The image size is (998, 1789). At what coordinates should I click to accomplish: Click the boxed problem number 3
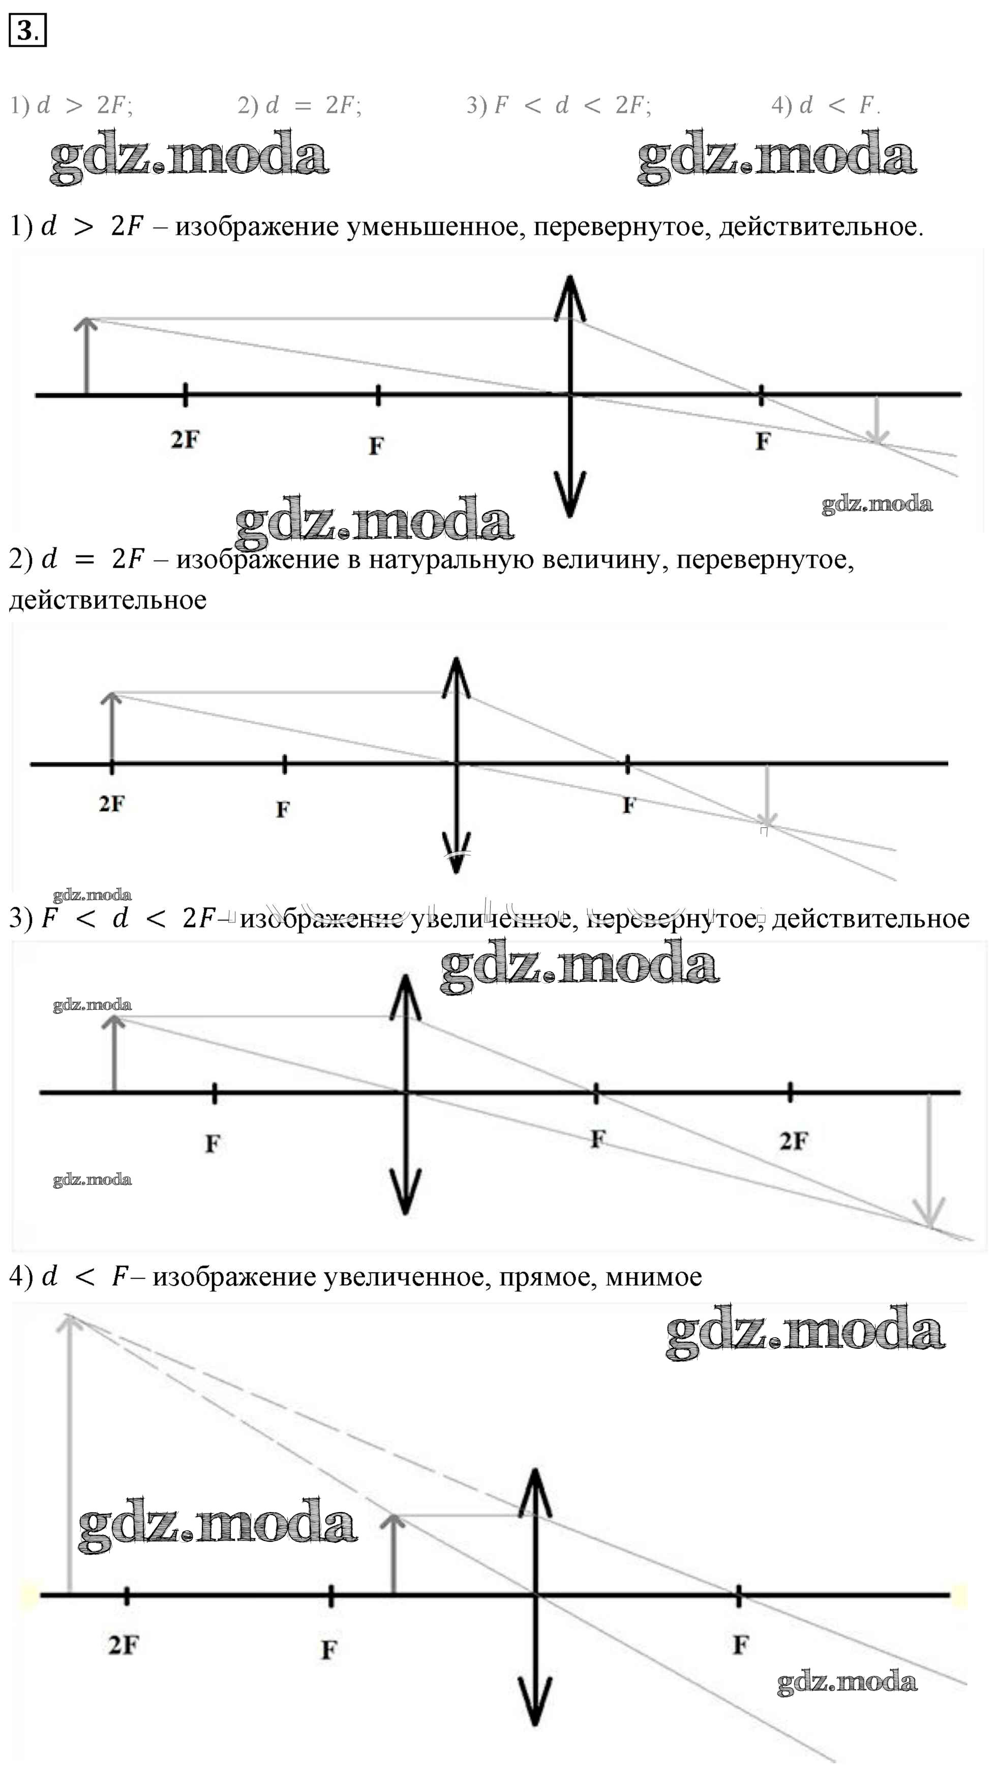pos(27,30)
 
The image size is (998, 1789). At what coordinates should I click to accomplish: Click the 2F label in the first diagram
pos(185,440)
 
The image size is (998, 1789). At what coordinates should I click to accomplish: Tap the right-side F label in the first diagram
pos(763,441)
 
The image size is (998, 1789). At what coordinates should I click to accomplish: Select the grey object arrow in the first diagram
pos(86,358)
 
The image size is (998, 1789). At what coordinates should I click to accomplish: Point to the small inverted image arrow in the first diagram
pos(877,421)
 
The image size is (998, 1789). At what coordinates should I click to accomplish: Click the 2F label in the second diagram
pos(111,804)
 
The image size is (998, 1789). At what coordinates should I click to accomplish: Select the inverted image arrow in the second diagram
pos(766,795)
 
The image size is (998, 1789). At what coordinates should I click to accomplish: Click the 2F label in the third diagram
pos(793,1140)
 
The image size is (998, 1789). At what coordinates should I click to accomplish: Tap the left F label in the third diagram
pos(213,1143)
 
